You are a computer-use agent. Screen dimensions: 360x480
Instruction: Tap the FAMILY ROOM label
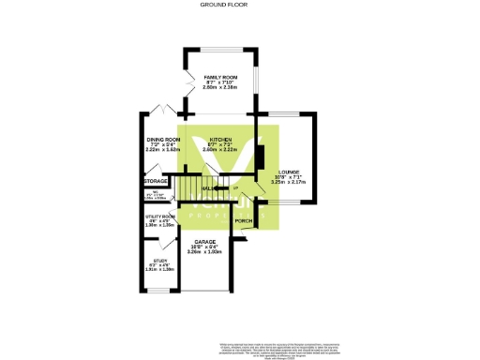tap(221, 76)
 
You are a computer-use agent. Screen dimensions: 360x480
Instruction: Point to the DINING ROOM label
tap(162, 139)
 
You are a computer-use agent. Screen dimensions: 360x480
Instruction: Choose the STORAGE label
tap(156, 181)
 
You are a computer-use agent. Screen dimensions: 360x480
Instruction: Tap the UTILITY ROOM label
tap(157, 217)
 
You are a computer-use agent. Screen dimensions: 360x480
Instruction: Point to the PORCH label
tap(244, 221)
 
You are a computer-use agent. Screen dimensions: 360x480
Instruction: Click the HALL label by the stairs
tap(207, 188)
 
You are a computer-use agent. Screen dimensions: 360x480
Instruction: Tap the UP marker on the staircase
tap(234, 188)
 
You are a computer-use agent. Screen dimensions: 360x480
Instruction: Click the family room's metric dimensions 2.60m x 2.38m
tap(221, 87)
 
